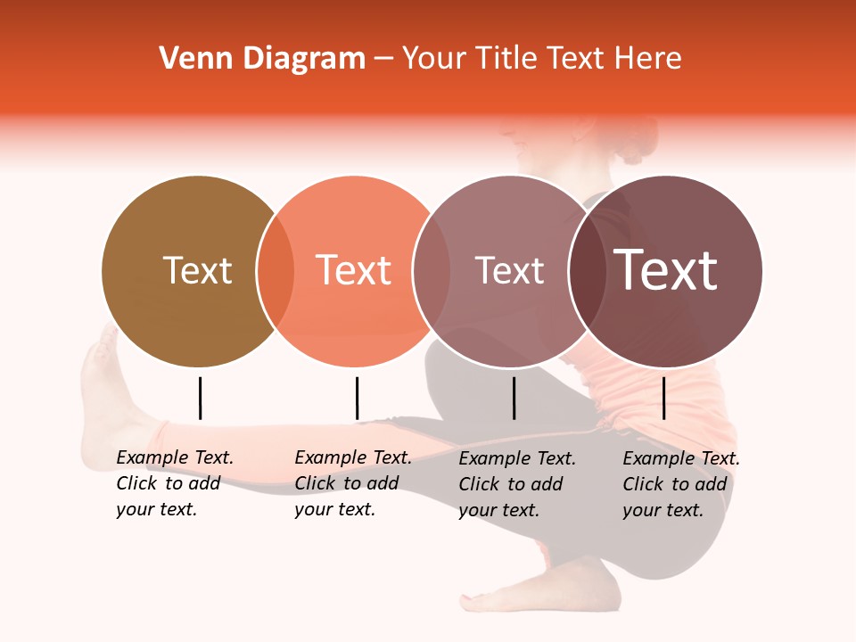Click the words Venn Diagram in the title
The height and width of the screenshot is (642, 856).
click(262, 59)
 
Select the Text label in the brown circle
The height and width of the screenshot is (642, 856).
click(197, 270)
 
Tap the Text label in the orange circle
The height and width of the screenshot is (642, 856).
click(353, 270)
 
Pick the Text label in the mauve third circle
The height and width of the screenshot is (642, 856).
click(509, 270)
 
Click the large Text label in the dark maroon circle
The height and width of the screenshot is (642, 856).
click(665, 270)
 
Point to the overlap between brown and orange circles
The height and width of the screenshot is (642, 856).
click(276, 271)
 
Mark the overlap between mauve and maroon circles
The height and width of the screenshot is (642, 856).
click(587, 271)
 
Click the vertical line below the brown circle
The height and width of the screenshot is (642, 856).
click(200, 398)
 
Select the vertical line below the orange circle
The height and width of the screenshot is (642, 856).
click(357, 398)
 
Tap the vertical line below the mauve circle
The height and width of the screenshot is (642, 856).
click(514, 398)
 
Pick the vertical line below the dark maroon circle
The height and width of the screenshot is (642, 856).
click(663, 398)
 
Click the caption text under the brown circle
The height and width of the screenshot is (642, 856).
click(175, 483)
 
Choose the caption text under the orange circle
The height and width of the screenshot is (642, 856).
click(353, 483)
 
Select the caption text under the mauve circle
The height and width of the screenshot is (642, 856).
click(517, 484)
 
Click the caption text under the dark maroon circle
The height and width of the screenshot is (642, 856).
click(681, 484)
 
